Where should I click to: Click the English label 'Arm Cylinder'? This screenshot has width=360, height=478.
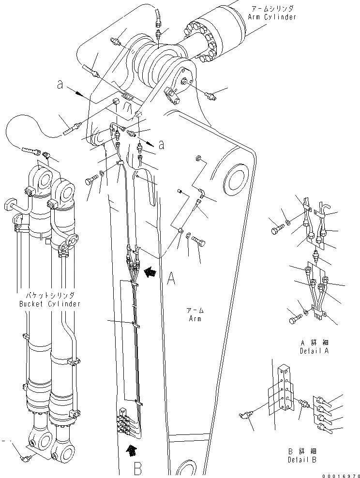[x=273, y=17]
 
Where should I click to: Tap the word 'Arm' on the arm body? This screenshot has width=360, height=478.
[x=195, y=319]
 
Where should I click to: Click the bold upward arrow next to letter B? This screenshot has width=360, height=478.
[x=129, y=451]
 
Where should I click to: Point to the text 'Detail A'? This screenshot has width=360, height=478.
[x=315, y=350]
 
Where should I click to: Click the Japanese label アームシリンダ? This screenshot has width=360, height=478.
[x=273, y=9]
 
